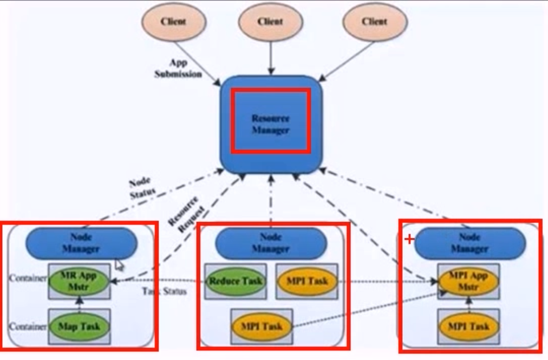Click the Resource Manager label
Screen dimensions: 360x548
click(x=271, y=124)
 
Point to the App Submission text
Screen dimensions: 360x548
click(x=178, y=69)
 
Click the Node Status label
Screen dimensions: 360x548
click(x=142, y=186)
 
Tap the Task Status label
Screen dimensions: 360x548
click(x=165, y=291)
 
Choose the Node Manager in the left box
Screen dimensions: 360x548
click(x=81, y=243)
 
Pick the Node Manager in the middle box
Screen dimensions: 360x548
click(x=270, y=243)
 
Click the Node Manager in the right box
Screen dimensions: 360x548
click(x=470, y=243)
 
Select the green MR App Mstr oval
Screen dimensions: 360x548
click(x=80, y=281)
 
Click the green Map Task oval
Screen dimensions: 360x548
click(x=79, y=326)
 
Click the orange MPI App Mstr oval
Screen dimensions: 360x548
click(x=468, y=281)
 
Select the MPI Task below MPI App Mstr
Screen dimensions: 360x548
click(x=468, y=326)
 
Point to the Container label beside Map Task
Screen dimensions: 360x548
click(x=27, y=326)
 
